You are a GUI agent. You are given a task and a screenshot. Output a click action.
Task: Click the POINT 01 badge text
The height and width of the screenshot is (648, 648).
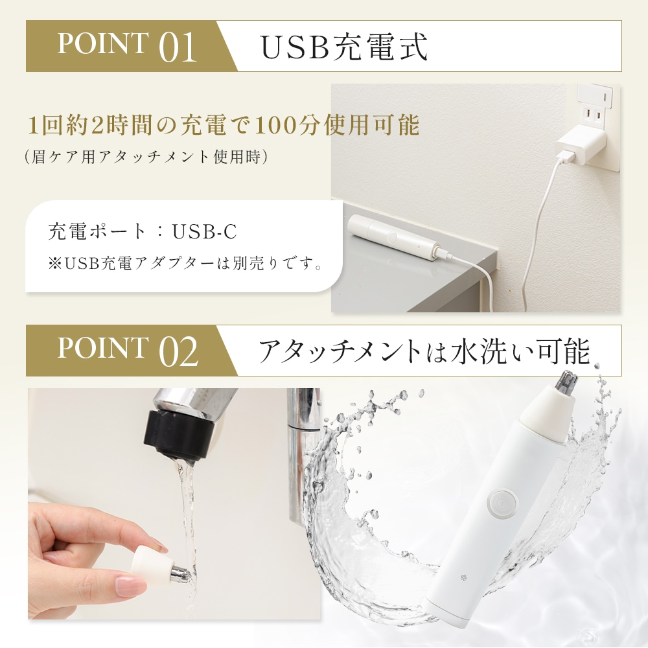(x=127, y=46)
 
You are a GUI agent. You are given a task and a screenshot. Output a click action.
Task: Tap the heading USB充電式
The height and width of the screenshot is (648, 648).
(x=344, y=46)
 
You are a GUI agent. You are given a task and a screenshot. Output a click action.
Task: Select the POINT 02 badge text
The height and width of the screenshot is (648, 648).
(x=128, y=351)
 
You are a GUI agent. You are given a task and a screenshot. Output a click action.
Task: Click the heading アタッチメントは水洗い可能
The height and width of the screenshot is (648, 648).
(x=424, y=351)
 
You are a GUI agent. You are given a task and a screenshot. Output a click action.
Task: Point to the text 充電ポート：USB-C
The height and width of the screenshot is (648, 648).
(x=143, y=231)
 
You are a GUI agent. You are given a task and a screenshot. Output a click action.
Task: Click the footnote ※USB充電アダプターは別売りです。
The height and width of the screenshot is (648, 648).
(x=185, y=263)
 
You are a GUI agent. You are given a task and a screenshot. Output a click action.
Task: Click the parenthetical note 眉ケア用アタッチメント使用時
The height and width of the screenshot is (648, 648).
(x=146, y=157)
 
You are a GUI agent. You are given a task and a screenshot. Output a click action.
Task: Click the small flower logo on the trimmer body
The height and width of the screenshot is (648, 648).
(x=464, y=577)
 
